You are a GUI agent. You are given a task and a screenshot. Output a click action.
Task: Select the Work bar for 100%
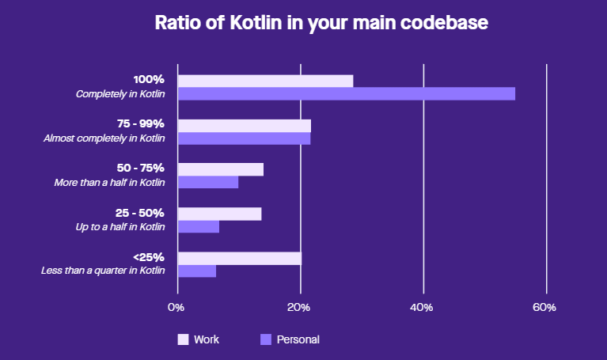click(x=265, y=81)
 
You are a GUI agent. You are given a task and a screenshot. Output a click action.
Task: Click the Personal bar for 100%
click(x=346, y=94)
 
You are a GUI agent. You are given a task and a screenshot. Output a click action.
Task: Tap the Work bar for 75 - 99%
click(x=245, y=126)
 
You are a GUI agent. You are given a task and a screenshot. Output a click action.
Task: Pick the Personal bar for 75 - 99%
click(x=244, y=138)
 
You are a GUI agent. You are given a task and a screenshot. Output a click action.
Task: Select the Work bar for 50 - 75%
click(x=221, y=169)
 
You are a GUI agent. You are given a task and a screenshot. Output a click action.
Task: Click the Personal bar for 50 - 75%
click(x=208, y=183)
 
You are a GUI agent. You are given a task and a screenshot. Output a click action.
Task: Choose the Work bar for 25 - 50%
click(x=219, y=214)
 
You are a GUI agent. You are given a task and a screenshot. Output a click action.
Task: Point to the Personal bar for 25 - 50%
click(x=199, y=227)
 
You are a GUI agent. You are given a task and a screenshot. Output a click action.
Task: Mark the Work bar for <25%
click(x=240, y=259)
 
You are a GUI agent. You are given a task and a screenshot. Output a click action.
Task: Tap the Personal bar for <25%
click(x=197, y=271)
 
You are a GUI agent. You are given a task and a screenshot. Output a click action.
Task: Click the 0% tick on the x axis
click(x=176, y=307)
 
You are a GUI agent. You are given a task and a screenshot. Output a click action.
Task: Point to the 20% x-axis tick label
click(x=298, y=307)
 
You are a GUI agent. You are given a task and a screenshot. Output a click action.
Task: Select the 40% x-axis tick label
click(x=422, y=307)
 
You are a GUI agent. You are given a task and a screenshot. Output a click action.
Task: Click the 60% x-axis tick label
click(x=544, y=307)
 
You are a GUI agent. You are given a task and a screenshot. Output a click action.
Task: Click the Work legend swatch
click(x=183, y=339)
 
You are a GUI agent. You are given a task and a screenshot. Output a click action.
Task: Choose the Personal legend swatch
click(x=266, y=339)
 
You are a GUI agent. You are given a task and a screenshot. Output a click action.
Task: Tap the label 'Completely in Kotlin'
click(x=120, y=94)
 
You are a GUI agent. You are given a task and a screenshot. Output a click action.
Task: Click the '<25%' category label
click(x=149, y=258)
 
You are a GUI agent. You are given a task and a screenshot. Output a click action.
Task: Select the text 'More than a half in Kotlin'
click(x=109, y=183)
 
